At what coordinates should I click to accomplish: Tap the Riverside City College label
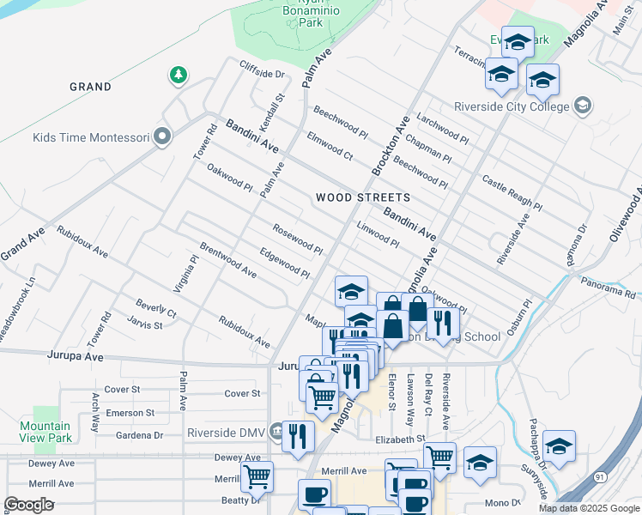coord(512,107)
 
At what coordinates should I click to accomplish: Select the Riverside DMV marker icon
coord(276,431)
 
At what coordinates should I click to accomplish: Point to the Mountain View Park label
coord(45,432)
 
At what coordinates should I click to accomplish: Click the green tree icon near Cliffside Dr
coord(179,76)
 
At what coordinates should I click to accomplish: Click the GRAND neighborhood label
coord(90,87)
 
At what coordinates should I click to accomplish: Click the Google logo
coord(28,505)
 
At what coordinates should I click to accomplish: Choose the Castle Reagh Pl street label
coord(512,193)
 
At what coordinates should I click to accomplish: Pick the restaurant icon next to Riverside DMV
coord(298,436)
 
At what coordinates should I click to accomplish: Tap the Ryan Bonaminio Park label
coord(304,15)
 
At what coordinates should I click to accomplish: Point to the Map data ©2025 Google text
coord(588,508)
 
